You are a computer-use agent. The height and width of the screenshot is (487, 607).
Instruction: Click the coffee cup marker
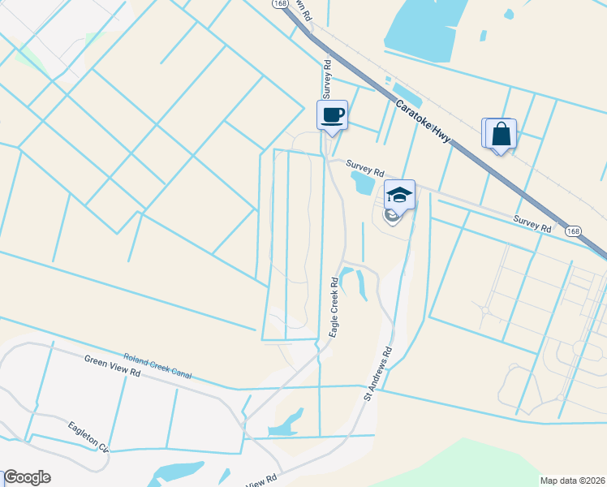332,114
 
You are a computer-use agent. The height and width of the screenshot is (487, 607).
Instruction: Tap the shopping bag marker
502,134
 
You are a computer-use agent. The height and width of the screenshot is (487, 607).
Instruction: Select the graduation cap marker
399,195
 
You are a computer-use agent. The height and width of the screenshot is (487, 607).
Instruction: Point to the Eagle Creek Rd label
334,308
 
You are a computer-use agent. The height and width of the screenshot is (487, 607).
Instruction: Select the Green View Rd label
113,366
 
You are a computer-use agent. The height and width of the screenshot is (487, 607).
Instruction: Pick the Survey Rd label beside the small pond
365,168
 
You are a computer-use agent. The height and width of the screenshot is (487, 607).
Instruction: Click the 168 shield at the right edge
574,231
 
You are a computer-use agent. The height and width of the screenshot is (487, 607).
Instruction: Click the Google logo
27,477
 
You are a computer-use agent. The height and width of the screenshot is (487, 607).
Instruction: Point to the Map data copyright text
572,480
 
